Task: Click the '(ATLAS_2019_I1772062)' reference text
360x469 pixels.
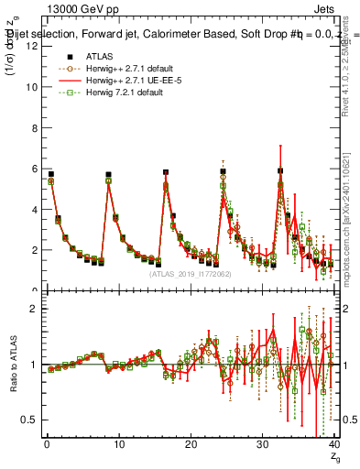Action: point(190,273)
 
